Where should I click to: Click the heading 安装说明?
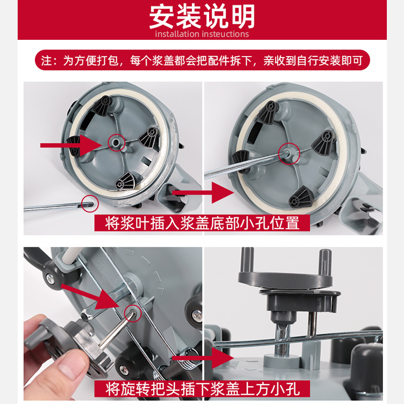[x=202, y=17]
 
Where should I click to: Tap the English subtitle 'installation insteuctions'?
[x=202, y=34]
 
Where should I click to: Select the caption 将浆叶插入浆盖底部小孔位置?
[x=203, y=222]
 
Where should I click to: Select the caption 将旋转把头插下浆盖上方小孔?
[x=203, y=389]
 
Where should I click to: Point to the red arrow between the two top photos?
[x=202, y=192]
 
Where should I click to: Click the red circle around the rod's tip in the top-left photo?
[x=89, y=203]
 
